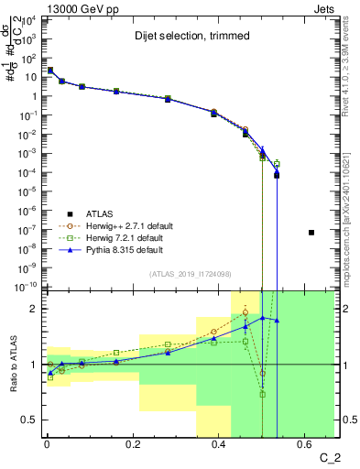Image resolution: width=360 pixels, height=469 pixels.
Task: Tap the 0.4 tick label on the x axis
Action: tap(219, 446)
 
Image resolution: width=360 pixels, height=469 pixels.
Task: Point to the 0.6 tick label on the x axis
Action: tap(304, 446)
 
